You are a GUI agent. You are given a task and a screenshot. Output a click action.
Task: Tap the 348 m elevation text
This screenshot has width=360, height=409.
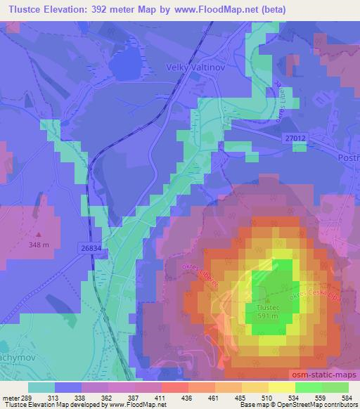[x=39, y=245]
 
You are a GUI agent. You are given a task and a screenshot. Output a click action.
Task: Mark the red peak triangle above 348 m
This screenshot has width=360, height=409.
[x=39, y=235]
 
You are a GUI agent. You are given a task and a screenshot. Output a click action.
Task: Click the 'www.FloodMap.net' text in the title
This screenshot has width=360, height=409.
[x=211, y=8]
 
